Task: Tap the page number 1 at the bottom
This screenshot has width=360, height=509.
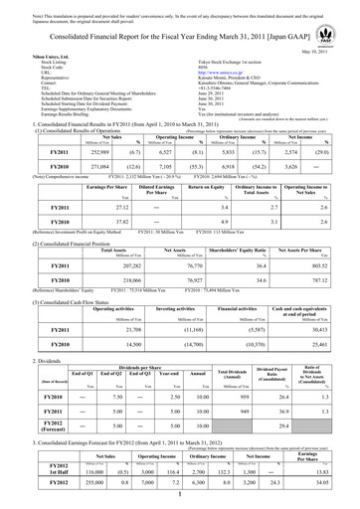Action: coord(180,499)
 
